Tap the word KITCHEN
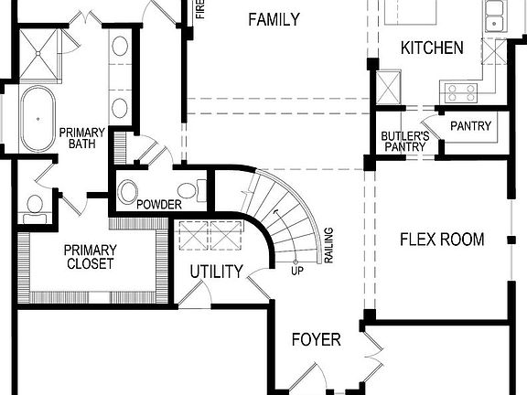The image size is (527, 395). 433,48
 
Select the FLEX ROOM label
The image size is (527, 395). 442,240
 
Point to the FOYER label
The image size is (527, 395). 316,340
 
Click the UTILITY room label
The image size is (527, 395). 216,272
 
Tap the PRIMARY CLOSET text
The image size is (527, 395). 90,257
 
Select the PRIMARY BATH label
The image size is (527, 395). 82,138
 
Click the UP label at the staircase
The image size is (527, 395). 296,271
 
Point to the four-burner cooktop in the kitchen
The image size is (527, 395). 457,91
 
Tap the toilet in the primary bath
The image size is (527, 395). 35,207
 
